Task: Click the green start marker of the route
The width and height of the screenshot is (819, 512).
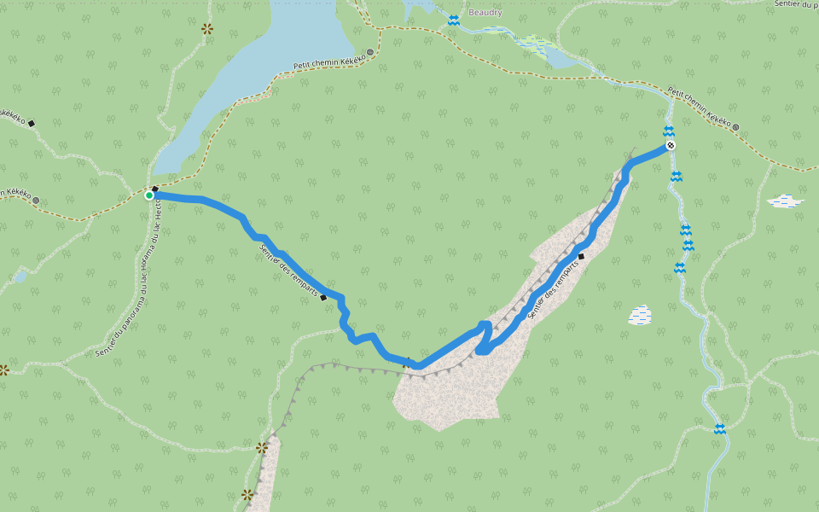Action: tap(149, 195)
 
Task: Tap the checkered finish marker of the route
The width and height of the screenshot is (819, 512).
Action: tap(671, 146)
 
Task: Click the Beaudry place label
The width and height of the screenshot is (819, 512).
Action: tap(485, 13)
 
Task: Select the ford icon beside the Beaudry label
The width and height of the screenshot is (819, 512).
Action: tap(454, 20)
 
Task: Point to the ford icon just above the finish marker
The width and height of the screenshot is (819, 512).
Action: tap(669, 131)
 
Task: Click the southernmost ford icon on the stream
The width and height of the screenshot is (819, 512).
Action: tap(720, 428)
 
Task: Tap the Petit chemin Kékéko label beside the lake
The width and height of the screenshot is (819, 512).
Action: tap(329, 59)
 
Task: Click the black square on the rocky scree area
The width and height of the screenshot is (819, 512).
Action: tap(581, 256)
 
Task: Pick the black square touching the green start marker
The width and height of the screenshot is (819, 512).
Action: tap(155, 189)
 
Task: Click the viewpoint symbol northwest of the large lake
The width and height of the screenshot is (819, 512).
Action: tap(206, 29)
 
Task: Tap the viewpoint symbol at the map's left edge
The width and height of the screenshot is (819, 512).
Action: tap(3, 370)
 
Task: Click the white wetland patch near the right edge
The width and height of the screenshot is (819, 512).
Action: tap(785, 201)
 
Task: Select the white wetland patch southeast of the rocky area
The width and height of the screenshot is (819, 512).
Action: tap(640, 316)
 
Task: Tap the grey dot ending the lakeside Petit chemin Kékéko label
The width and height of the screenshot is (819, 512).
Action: tap(370, 52)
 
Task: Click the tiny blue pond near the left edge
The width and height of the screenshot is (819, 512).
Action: tap(20, 277)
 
